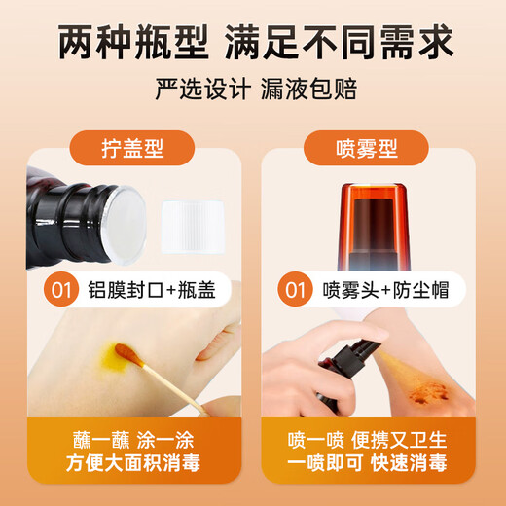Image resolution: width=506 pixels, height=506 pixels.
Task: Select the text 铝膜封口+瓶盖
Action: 150,290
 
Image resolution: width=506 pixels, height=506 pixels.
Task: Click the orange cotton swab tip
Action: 125,351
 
